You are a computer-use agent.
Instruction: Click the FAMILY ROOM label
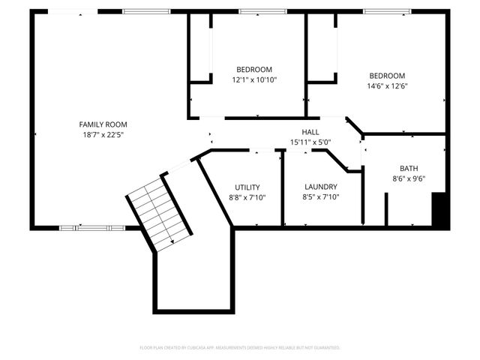[x=103, y=124]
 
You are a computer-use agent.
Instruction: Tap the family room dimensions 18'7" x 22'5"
[x=103, y=136]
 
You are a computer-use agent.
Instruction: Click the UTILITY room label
[x=247, y=187]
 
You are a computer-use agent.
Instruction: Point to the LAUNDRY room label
[x=321, y=187]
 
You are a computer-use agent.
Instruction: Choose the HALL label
[x=310, y=132]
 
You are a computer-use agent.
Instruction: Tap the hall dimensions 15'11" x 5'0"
[x=310, y=142]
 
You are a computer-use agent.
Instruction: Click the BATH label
[x=409, y=169]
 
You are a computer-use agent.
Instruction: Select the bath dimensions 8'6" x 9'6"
[x=409, y=179]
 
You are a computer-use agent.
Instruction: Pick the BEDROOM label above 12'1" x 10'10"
[x=254, y=69]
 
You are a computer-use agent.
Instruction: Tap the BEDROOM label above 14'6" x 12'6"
[x=387, y=76]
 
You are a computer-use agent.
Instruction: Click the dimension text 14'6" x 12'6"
[x=387, y=86]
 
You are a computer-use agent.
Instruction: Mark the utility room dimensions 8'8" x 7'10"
[x=247, y=198]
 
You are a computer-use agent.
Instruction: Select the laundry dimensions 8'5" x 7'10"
[x=321, y=198]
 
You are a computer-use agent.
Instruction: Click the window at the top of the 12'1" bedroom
[x=257, y=11]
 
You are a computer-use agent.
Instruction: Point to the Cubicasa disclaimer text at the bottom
[x=240, y=348]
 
